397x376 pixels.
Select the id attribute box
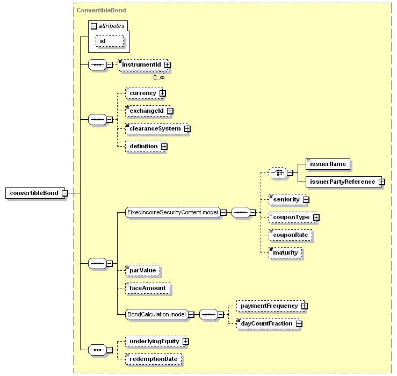click(x=110, y=41)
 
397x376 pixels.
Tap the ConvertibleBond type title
click(x=102, y=10)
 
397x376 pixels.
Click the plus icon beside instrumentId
click(x=168, y=65)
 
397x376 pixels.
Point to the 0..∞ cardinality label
click(x=159, y=77)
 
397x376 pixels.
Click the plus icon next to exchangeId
click(x=170, y=111)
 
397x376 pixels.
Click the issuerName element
click(x=328, y=164)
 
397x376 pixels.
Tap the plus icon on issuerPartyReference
click(x=382, y=182)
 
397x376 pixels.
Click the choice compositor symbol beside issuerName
click(x=278, y=172)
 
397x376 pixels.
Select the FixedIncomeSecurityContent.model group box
click(x=172, y=212)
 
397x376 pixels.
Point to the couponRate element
click(x=290, y=235)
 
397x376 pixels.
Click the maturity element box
click(x=285, y=252)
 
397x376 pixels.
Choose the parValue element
click(x=143, y=270)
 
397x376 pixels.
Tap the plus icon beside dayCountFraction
click(x=299, y=323)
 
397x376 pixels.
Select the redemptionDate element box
click(x=154, y=359)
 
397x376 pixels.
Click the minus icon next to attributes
click(x=94, y=26)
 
